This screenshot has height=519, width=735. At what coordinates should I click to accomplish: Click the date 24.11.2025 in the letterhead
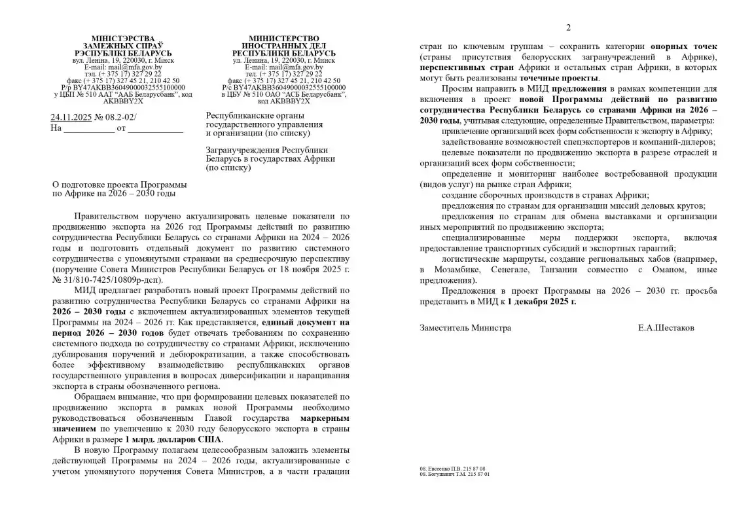71,118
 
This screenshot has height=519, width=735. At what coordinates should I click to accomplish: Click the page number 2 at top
568,27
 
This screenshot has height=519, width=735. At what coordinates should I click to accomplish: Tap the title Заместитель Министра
465,328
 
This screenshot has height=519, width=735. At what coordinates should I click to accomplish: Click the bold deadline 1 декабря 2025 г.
541,302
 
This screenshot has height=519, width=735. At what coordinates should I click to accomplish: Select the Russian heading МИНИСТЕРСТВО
284,39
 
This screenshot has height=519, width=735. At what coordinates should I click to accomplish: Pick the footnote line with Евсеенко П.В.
452,469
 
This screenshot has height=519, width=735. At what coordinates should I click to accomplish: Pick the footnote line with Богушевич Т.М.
454,474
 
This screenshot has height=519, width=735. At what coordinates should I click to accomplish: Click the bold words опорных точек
683,47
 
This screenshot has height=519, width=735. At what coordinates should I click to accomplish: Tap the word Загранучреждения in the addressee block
242,149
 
